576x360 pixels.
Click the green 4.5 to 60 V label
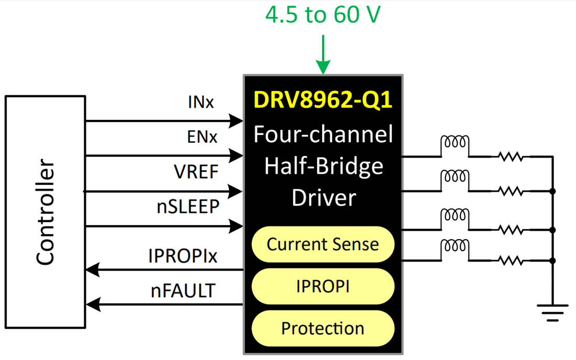[323, 15]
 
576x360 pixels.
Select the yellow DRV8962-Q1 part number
[323, 100]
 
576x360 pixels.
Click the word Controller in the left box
[46, 212]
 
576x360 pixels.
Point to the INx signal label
[201, 102]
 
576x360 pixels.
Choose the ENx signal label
[201, 137]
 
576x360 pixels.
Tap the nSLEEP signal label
[188, 208]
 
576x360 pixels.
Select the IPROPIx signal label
[183, 256]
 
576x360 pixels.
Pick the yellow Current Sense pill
[323, 244]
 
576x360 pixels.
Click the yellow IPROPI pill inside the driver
[323, 286]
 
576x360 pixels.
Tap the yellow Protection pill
[323, 329]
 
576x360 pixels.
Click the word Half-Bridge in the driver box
[323, 166]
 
